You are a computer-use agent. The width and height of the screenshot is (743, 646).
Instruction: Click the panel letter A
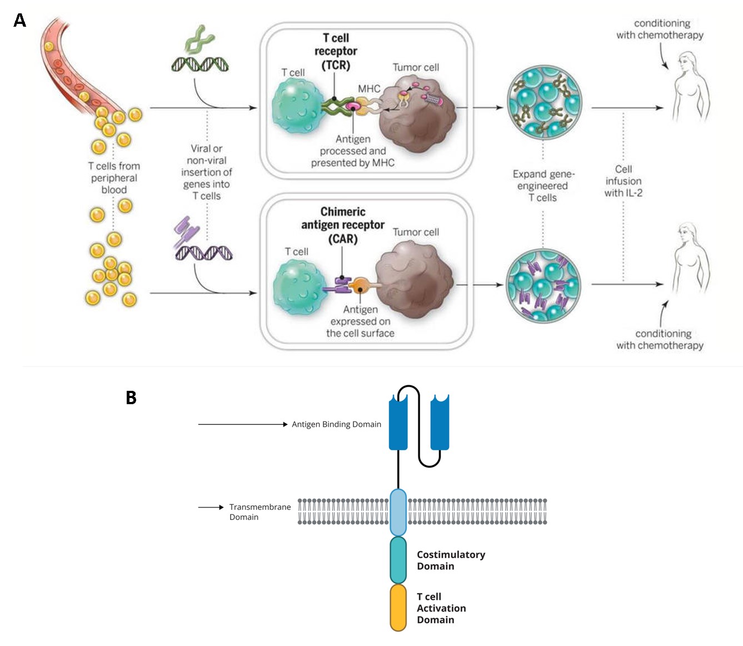coord(19,21)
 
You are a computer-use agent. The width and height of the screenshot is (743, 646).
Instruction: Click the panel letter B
coord(131,397)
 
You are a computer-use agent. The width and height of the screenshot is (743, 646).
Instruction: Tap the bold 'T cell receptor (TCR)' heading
coord(336,51)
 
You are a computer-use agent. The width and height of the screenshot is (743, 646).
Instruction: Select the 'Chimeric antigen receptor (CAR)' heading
coord(342,225)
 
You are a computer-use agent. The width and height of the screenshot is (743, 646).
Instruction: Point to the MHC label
coord(369,89)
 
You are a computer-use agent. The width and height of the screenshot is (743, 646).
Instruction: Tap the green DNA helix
coord(200,64)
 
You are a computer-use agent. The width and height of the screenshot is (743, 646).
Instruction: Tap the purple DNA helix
coord(203,253)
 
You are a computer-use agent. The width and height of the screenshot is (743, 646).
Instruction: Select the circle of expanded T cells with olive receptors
coord(544,102)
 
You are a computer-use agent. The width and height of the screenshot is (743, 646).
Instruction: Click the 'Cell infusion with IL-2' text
coord(623,181)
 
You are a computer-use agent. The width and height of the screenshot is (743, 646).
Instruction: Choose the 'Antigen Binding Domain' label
coord(336,424)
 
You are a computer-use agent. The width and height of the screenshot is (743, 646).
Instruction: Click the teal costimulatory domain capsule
coord(398,560)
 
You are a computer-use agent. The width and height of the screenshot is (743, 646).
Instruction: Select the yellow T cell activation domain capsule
coord(398,608)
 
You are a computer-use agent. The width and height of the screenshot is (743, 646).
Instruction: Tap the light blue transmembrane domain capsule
coord(398,511)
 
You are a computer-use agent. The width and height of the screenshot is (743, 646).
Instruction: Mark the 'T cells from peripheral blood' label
coord(114,178)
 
